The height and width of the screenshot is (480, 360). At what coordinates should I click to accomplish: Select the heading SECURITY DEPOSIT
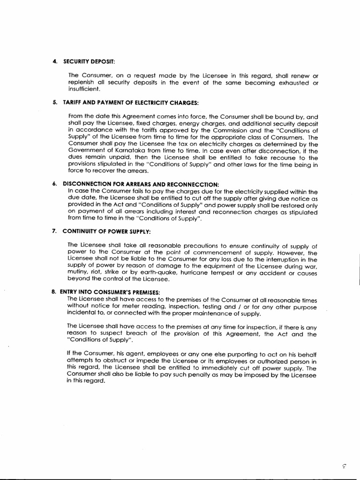point(88,61)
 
